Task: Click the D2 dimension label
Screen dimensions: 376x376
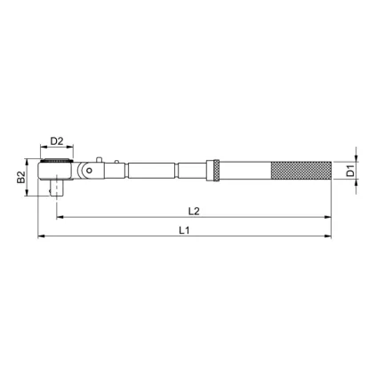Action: click(x=57, y=141)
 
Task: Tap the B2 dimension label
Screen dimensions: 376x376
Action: click(x=21, y=178)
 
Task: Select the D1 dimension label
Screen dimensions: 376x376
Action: click(x=350, y=171)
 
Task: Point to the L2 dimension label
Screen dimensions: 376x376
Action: click(x=194, y=211)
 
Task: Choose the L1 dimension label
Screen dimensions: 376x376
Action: click(x=184, y=230)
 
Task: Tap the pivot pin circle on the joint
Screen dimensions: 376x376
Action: click(x=88, y=170)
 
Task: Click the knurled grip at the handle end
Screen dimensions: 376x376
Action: click(x=301, y=171)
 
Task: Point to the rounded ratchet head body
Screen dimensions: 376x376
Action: click(x=55, y=171)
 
